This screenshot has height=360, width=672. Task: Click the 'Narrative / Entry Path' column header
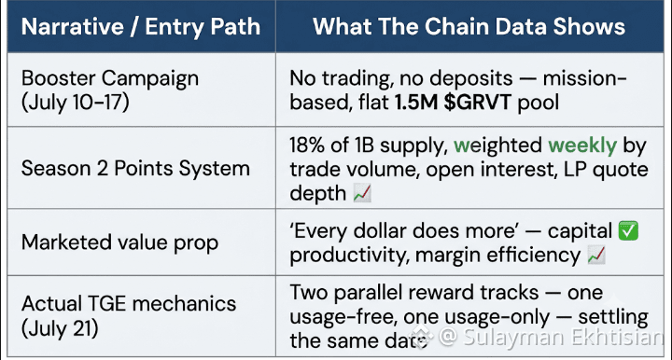click(141, 27)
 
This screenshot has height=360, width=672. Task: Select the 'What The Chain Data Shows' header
click(469, 26)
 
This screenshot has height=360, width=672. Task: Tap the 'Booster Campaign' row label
click(110, 78)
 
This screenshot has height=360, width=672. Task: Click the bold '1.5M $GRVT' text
click(453, 103)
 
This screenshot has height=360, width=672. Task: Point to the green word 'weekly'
click(582, 145)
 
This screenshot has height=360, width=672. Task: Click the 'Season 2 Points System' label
click(135, 168)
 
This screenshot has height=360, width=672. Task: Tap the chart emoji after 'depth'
click(362, 193)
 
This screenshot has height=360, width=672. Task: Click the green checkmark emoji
click(628, 231)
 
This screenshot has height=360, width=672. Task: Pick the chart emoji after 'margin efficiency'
click(596, 256)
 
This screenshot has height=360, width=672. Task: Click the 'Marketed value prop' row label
click(120, 242)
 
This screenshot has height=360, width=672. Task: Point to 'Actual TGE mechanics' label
click(129, 304)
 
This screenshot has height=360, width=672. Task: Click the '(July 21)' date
click(60, 328)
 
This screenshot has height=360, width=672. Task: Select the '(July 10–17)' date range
click(76, 103)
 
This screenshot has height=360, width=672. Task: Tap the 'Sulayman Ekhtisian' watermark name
click(564, 337)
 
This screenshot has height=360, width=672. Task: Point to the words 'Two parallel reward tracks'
click(414, 293)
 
